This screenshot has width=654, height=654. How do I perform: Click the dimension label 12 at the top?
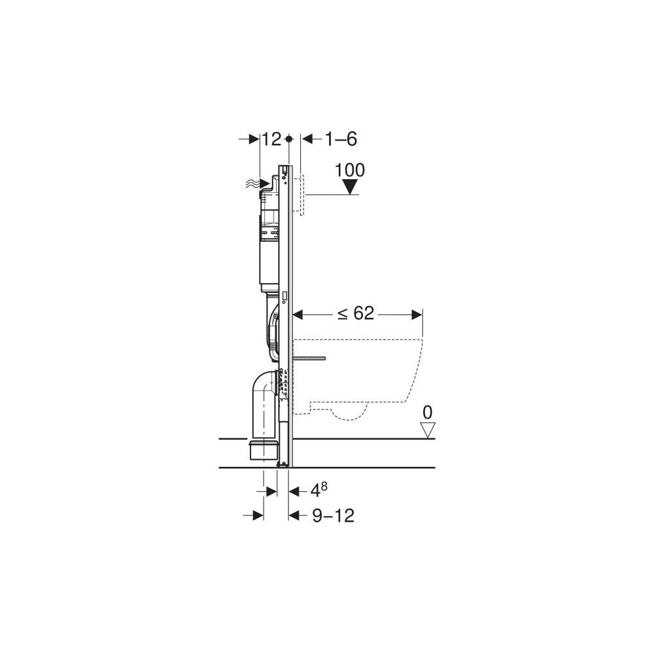(x=272, y=139)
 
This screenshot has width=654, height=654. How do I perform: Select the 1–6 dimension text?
(x=341, y=139)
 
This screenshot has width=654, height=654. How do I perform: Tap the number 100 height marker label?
(x=350, y=170)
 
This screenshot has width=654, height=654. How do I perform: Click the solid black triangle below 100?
(x=350, y=187)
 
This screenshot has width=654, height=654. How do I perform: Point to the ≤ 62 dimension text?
(x=356, y=313)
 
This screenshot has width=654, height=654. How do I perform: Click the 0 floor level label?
(x=428, y=413)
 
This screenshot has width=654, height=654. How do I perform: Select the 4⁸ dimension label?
(x=319, y=490)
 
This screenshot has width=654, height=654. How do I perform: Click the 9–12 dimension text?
(x=334, y=516)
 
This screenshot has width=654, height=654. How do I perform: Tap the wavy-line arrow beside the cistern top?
(x=257, y=183)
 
